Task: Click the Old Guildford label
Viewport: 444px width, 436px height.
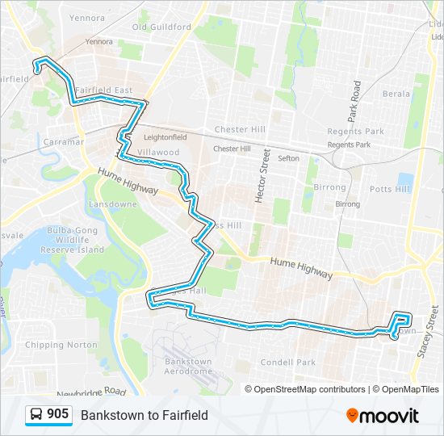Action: pos(162,27)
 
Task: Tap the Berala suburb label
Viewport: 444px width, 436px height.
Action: pos(396,94)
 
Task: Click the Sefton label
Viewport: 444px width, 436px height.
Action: pos(288,159)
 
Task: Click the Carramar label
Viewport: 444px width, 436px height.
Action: pos(64,141)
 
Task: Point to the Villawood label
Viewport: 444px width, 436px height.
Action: pos(157,152)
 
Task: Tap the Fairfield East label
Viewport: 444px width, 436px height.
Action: pos(103,90)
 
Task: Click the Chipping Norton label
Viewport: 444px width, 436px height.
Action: pos(55,346)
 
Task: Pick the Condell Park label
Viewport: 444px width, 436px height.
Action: pos(288,363)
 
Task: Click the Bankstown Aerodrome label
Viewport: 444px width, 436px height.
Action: pos(188,367)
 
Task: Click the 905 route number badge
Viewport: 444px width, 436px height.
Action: pos(57,414)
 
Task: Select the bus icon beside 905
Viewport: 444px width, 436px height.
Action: pos(36,415)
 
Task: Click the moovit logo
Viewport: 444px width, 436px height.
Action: pos(383,415)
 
